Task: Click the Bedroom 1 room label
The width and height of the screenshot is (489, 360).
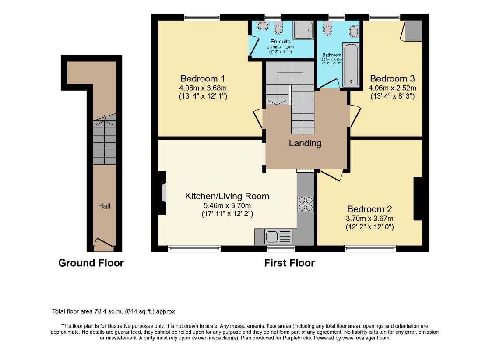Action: tap(203, 78)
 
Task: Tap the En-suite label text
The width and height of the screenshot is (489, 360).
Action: tap(280, 42)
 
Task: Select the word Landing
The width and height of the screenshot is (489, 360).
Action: tap(305, 143)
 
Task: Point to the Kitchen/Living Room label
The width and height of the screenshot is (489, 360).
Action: tap(227, 196)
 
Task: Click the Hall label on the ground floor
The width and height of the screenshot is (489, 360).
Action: tap(104, 206)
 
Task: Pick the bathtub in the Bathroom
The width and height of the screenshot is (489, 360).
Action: tap(351, 64)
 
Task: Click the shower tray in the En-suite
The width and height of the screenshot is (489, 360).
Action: tap(303, 30)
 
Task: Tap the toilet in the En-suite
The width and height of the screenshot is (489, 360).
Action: tap(278, 28)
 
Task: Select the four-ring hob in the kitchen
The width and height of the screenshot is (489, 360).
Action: tap(305, 204)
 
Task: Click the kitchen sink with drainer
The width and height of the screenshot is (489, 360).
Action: tap(278, 236)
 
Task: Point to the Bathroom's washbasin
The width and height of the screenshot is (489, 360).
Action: tap(354, 32)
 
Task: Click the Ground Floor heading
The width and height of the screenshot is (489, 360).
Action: tap(91, 263)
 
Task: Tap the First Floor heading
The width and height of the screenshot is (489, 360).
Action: tap(289, 263)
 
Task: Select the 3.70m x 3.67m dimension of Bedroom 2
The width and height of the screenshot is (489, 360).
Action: tap(369, 219)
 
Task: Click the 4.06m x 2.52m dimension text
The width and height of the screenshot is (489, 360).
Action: tap(392, 88)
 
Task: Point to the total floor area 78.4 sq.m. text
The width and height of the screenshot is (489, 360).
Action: tap(113, 311)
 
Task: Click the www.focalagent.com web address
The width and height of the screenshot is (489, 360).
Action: tap(366, 338)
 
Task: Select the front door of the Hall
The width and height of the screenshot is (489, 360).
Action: tap(104, 244)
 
